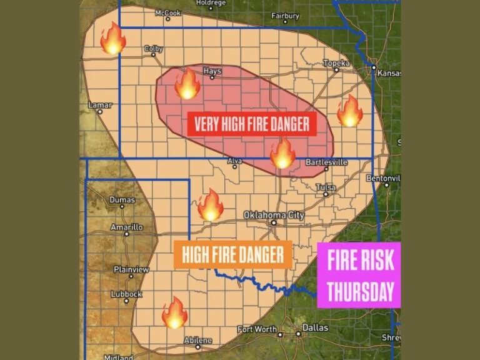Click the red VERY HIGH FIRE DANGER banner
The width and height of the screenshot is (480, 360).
252,124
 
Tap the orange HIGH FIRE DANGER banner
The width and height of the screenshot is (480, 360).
232,254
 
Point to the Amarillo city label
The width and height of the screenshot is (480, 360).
126,227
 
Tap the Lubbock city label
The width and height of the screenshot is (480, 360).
126,294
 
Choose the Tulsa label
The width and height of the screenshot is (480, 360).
325,187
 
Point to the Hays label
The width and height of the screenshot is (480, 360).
212,71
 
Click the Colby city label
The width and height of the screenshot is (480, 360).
153,48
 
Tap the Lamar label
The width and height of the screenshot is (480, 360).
99,105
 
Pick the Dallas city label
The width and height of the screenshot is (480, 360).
314,327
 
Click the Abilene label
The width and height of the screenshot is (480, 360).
198,340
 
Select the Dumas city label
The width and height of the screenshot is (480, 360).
122,200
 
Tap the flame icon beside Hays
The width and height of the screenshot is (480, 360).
187,84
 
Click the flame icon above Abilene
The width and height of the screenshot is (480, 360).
174,312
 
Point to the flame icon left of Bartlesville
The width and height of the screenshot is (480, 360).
282,152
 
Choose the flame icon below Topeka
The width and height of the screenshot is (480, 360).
349,111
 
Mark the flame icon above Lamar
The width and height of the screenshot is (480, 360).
112,39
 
